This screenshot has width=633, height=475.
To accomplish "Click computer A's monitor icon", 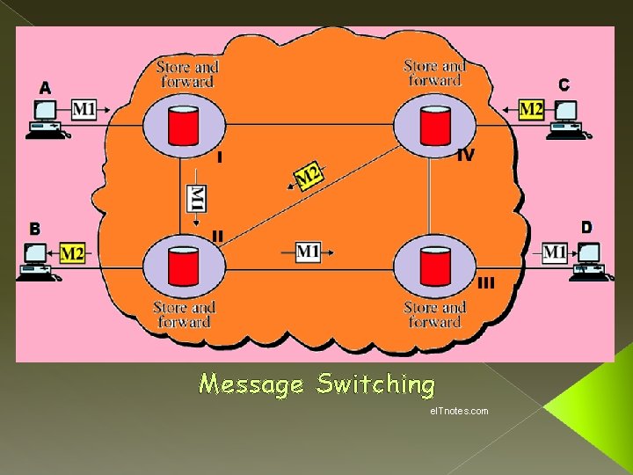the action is (45, 112).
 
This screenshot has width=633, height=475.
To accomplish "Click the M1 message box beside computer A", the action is (84, 110).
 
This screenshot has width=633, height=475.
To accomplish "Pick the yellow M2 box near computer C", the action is (531, 109).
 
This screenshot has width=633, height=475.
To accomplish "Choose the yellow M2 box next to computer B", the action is (72, 253).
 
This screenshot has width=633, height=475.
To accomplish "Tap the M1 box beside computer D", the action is (554, 252).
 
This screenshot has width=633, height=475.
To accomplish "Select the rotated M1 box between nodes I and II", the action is (198, 199).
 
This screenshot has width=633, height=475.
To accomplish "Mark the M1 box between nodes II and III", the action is (308, 252).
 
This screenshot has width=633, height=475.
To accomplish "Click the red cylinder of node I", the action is (184, 125).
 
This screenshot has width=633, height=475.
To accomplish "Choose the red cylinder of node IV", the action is (434, 125).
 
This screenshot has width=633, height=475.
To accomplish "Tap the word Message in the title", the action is (252, 384).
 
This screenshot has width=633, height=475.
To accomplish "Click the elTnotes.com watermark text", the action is (460, 411).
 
